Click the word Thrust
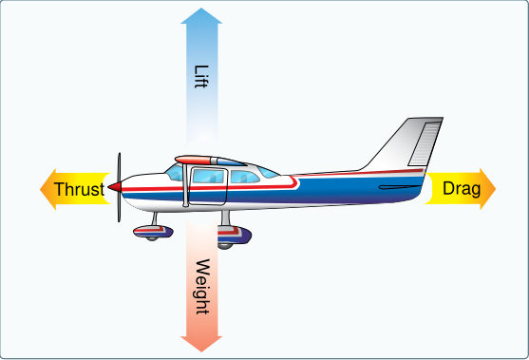coord(79,189)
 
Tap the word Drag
coord(462,189)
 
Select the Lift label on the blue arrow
coord(201,77)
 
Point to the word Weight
coord(202,287)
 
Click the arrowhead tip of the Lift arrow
coord(201,8)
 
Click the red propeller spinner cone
coord(115,187)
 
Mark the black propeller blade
coord(119,187)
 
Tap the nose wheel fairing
coord(153,232)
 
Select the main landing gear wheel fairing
coord(235,235)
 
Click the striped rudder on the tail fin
coord(425,143)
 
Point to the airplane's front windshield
coord(175,172)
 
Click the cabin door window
coord(208,176)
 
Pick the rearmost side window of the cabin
coord(268,172)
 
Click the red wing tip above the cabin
coord(192,160)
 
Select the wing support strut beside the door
coord(185,185)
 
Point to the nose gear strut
coord(155,218)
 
